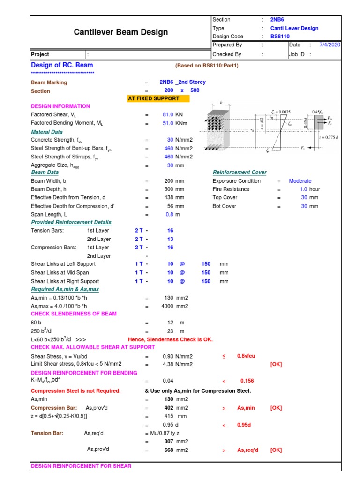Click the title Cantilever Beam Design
pos(121,32)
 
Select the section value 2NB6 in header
pos(277,20)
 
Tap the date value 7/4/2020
pos(330,45)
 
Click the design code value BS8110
pos(280,37)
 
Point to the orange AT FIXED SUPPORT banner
pos(158,98)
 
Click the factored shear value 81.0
pos(168,114)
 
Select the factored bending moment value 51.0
pos(168,123)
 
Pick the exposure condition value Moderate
pos(300,181)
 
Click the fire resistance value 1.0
pos(303,189)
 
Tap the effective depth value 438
pos(168,198)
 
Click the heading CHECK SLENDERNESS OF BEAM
pos(74,314)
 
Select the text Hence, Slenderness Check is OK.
pos(170,339)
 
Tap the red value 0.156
pos(247,381)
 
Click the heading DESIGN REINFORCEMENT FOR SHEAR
pos(81,466)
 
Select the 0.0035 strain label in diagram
pos(283,112)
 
